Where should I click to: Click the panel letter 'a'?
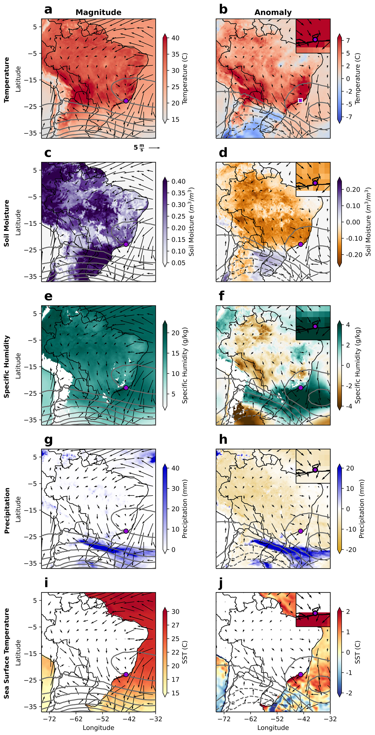point(48,10)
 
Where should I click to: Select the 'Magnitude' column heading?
point(98,12)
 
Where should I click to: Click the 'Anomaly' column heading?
point(273,12)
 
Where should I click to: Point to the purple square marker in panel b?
point(300,100)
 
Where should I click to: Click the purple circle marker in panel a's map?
point(126,101)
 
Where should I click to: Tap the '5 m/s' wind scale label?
point(139,148)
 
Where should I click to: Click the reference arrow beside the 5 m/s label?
point(154,148)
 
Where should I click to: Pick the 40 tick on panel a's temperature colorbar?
point(175,38)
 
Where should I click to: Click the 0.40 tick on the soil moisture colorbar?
point(178,181)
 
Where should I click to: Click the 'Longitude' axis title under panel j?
point(273,728)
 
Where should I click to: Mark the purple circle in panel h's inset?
point(315,470)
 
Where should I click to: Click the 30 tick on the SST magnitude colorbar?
point(175,611)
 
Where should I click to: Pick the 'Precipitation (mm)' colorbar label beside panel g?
point(185,509)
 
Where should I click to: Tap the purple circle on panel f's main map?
point(300,387)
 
